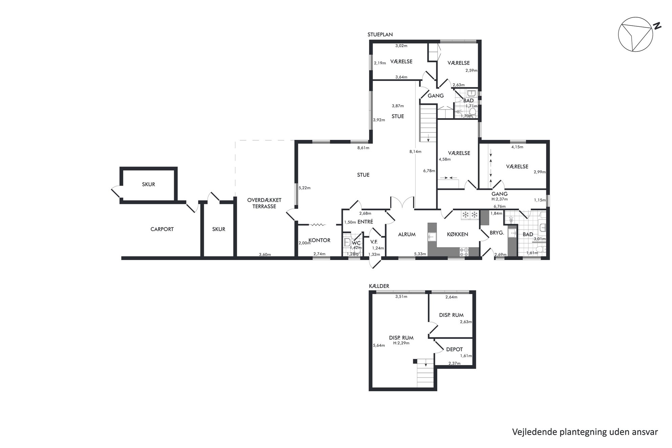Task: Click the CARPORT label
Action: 162,229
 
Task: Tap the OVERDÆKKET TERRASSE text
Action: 264,203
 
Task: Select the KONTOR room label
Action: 319,240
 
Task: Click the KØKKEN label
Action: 457,234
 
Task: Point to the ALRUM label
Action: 406,234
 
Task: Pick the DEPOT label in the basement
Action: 454,349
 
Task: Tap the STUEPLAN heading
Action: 380,35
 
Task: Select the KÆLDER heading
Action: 379,286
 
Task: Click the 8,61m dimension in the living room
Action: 363,148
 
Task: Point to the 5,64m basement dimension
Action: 379,345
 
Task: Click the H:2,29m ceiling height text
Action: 401,343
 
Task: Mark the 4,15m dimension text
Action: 517,147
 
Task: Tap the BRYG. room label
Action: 497,233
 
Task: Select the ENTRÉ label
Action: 365,222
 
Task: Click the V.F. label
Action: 374,242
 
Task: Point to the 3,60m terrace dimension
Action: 265,255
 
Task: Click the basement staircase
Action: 425,374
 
